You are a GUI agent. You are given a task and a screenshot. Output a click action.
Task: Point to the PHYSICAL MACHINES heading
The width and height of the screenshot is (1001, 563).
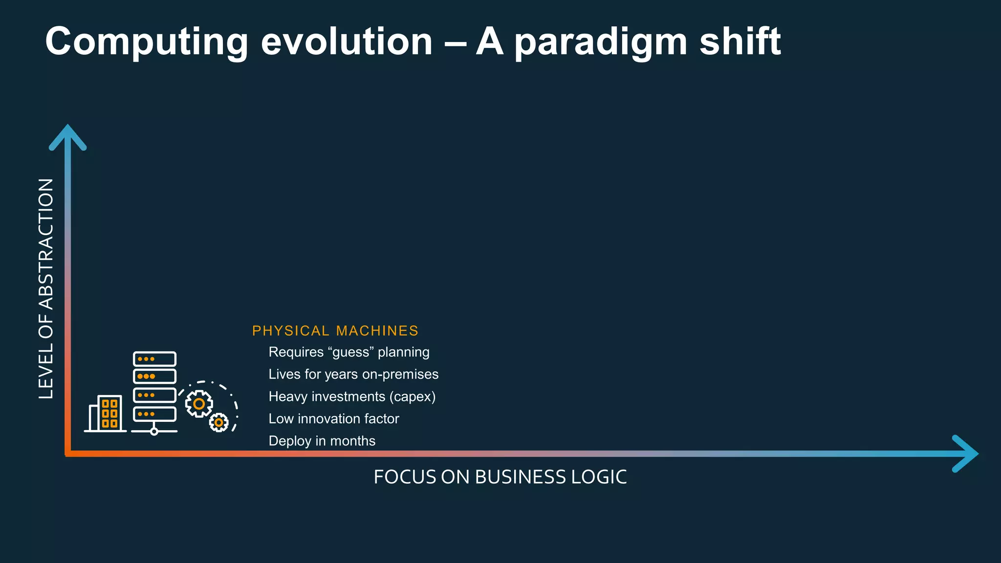[335, 331]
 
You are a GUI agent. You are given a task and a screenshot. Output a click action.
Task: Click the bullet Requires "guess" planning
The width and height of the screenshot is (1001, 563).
[349, 352]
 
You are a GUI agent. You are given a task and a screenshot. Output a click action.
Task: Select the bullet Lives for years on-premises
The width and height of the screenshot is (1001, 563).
[353, 374]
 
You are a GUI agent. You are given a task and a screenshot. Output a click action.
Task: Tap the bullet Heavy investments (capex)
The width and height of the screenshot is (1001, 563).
[352, 396]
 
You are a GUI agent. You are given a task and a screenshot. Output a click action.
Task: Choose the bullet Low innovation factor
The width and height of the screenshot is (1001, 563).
[334, 419]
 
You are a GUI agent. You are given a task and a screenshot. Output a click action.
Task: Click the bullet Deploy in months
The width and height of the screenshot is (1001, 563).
[322, 441]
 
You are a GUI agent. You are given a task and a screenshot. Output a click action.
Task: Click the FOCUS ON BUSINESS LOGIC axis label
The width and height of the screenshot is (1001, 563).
[500, 477]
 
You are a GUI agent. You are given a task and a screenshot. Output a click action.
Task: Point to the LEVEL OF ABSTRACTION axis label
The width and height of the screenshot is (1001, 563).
[46, 288]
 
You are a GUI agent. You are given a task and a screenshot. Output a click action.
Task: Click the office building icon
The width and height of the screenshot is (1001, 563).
[106, 413]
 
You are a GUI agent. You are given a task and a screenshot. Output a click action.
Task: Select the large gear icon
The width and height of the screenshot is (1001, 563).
[199, 404]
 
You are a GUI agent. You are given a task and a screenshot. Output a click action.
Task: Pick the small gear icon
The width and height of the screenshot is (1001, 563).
[218, 422]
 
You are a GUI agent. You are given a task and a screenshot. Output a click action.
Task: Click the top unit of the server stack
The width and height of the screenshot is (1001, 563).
[154, 359]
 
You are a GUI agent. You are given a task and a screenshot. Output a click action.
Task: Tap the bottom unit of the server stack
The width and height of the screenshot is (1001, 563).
[154, 414]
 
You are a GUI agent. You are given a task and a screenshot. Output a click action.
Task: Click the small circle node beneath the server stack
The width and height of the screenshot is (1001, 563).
[154, 432]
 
